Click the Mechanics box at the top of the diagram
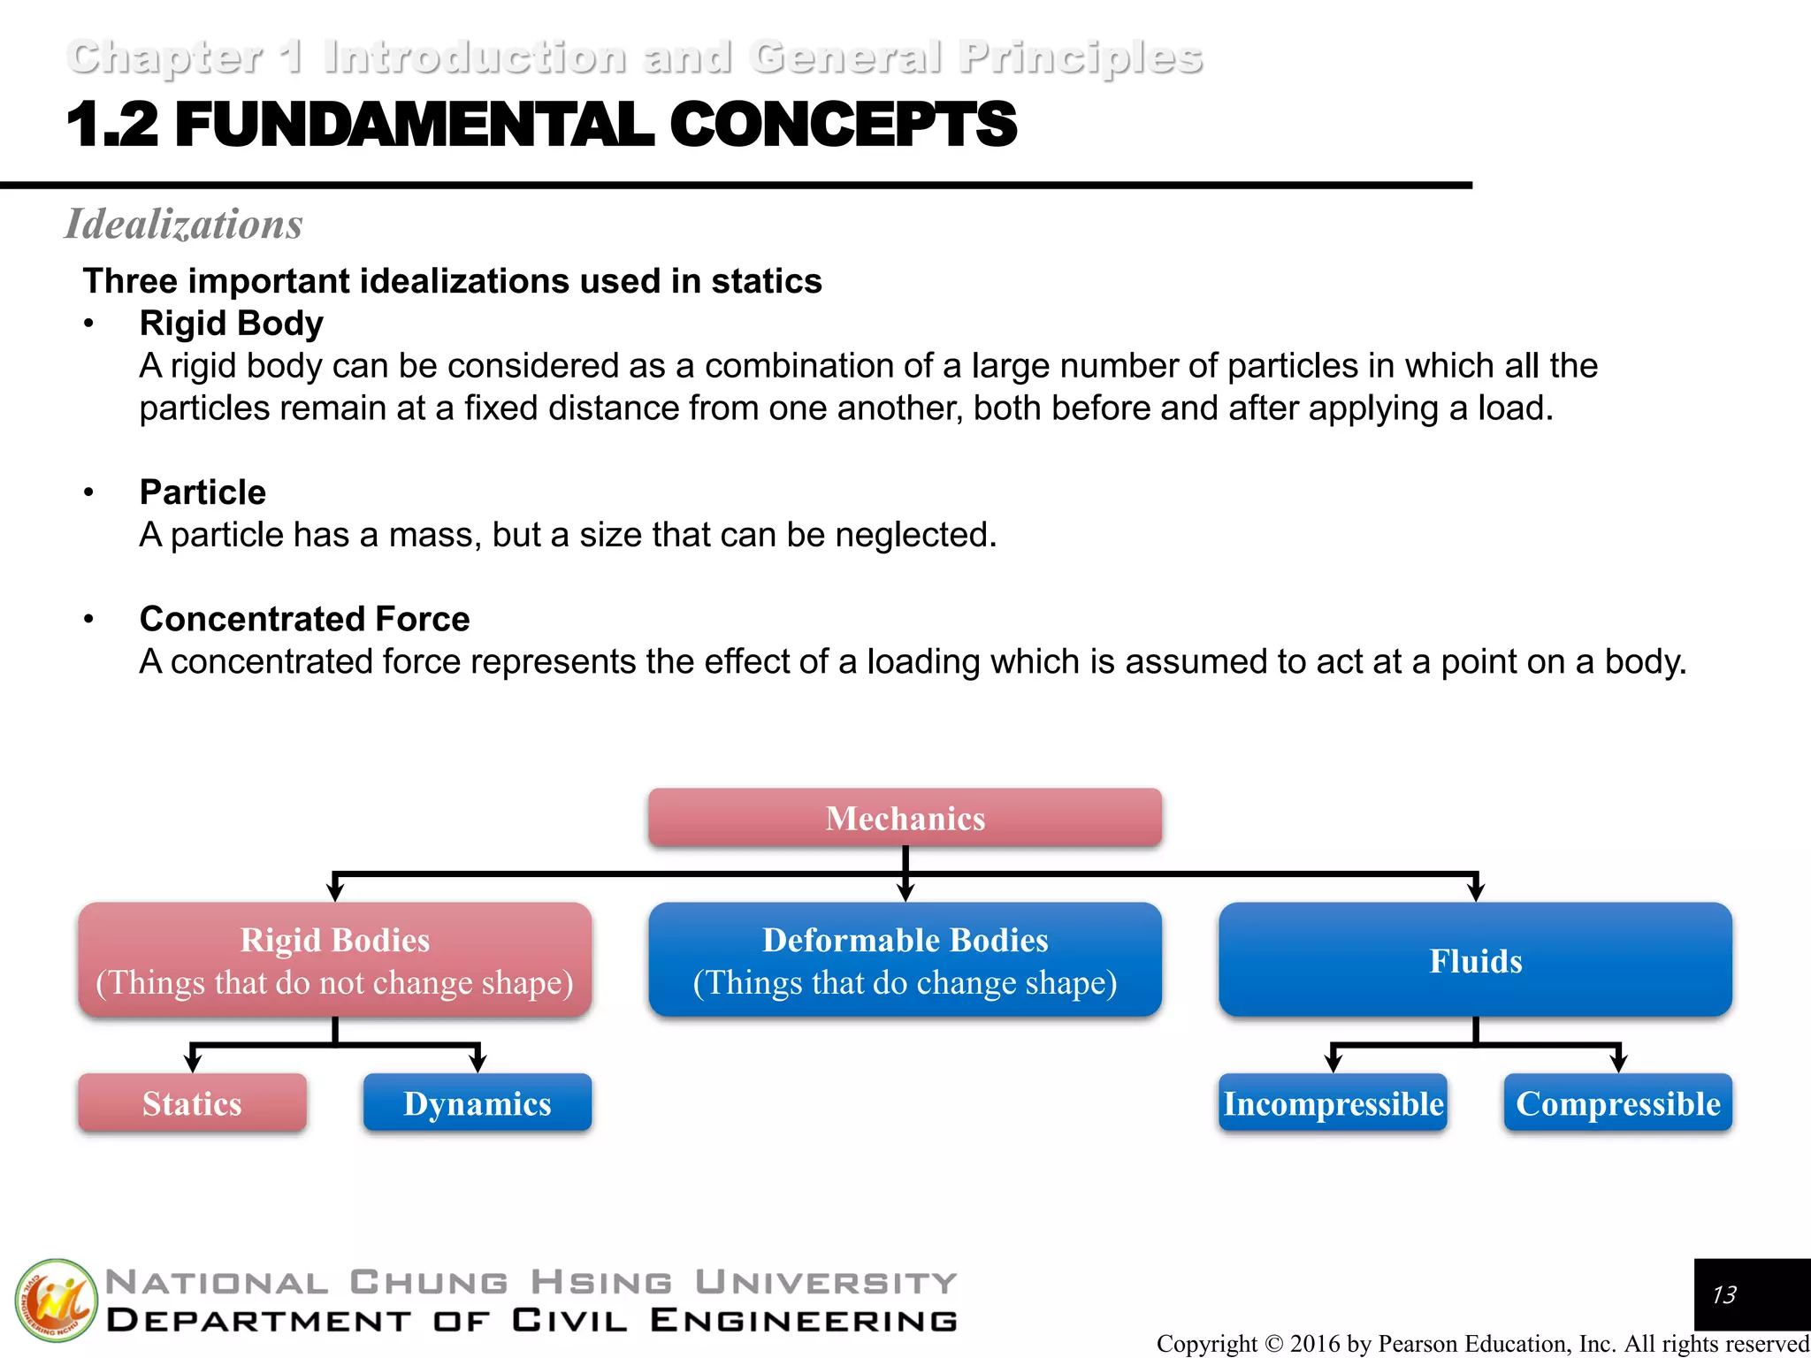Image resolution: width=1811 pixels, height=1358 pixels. [905, 818]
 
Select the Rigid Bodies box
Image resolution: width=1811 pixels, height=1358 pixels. [334, 959]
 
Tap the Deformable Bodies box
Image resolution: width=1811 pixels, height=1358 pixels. [905, 959]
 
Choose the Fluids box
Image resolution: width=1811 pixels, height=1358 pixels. [1475, 959]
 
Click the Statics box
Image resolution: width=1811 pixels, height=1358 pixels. [192, 1102]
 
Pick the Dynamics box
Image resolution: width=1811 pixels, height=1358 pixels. [478, 1102]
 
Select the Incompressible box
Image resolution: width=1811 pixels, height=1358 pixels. [1333, 1102]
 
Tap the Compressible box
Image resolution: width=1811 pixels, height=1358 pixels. [1618, 1102]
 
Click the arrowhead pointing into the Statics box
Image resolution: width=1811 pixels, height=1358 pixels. [193, 1064]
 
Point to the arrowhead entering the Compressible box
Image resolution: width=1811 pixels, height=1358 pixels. [1618, 1064]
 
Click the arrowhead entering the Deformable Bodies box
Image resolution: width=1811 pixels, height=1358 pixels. [905, 893]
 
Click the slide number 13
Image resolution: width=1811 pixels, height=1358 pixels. [1723, 1295]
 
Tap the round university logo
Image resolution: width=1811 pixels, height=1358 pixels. [56, 1300]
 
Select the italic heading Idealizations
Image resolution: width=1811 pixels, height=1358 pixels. [184, 224]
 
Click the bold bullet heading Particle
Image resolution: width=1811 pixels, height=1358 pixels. [202, 492]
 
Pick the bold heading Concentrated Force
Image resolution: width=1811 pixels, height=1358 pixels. [305, 619]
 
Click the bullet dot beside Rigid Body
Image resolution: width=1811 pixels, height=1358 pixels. [88, 324]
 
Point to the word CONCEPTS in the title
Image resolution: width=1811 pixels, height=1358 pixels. [844, 125]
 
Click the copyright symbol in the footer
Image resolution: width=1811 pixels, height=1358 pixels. [1274, 1344]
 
